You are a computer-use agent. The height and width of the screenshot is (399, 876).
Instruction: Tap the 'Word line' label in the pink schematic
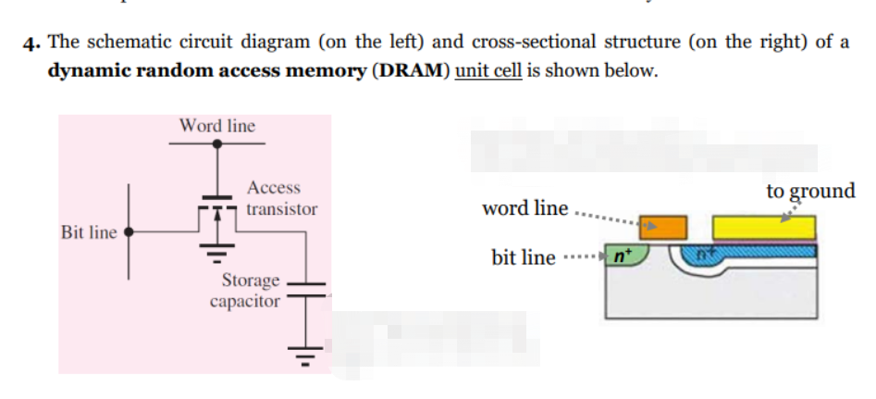coord(217,125)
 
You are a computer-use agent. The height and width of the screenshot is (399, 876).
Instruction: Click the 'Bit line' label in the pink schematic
coord(89,231)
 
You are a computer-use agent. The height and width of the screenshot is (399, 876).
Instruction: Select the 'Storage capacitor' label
coord(246,290)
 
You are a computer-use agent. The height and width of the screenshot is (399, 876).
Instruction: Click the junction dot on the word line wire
coord(217,144)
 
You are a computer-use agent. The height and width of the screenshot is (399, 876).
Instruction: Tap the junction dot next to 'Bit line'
coord(129,231)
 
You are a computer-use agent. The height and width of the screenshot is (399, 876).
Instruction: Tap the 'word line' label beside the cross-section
coord(524,208)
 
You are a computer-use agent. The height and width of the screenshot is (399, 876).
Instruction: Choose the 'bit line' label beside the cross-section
coord(524,256)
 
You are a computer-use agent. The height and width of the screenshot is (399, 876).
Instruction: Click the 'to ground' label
coord(810,192)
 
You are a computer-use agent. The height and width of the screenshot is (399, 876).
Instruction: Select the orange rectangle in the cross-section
coord(664,227)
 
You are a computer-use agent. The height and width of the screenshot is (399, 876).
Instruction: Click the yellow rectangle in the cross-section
coord(763,227)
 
